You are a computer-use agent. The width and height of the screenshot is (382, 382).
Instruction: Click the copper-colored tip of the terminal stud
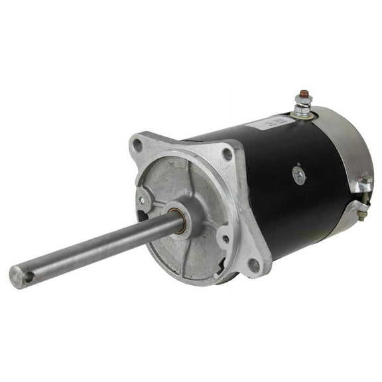tap(302, 94)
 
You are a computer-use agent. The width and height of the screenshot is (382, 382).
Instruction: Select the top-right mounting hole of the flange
tap(227, 155)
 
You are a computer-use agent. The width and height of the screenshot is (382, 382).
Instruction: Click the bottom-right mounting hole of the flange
tap(253, 266)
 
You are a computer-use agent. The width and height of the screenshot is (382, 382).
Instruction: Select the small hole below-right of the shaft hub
tap(226, 239)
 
